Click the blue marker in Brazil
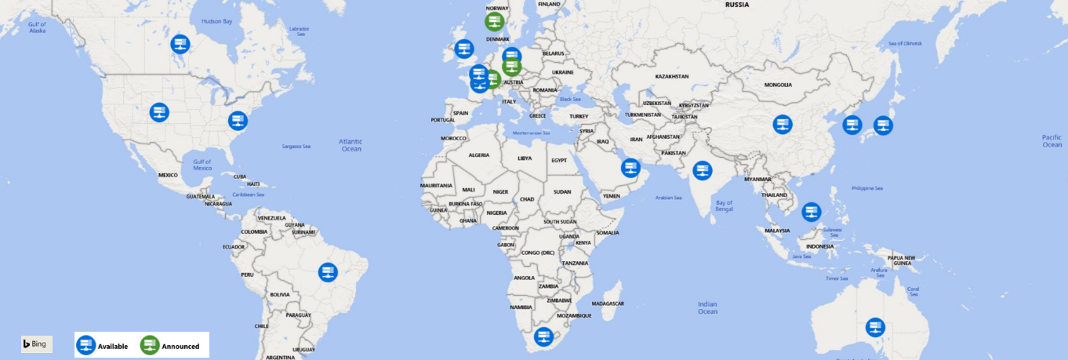pyautogui.click(x=328, y=273)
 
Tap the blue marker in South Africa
pyautogui.click(x=543, y=337)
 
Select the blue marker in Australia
pyautogui.click(x=875, y=328)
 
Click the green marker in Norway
pyautogui.click(x=495, y=21)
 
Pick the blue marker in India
pyautogui.click(x=703, y=170)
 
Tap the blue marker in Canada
pyautogui.click(x=180, y=44)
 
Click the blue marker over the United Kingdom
pyautogui.click(x=464, y=49)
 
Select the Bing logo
pyautogui.click(x=36, y=344)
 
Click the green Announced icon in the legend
pyautogui.click(x=150, y=345)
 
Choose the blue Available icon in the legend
pyautogui.click(x=85, y=345)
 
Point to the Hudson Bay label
pyautogui.click(x=217, y=21)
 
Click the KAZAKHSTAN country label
pyautogui.click(x=672, y=76)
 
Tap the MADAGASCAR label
pyautogui.click(x=607, y=304)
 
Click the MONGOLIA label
pyautogui.click(x=778, y=85)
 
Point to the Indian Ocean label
pyautogui.click(x=707, y=307)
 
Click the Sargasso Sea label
pyautogui.click(x=296, y=147)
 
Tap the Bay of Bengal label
pyautogui.click(x=724, y=205)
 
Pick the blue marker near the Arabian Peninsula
pyautogui.click(x=630, y=168)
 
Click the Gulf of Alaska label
pyautogui.click(x=38, y=27)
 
